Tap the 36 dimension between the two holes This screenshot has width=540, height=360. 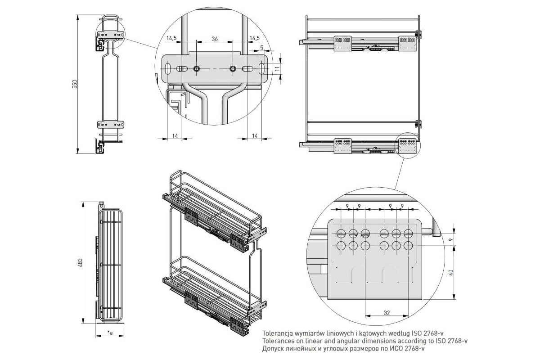215,39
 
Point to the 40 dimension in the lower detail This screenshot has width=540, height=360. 450,272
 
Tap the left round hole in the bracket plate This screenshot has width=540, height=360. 197,69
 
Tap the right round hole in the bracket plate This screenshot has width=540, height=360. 233,69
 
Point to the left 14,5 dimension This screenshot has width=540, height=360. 171,39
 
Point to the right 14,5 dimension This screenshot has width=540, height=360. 254,39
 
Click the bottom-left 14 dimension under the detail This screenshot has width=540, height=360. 175,135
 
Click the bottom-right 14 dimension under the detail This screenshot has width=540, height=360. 255,135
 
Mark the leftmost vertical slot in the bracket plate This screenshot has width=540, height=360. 167,69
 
